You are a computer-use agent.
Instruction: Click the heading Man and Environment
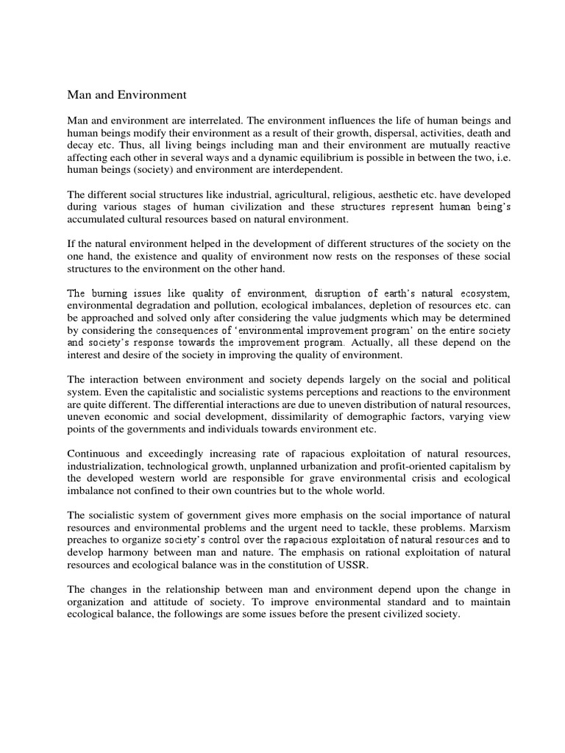pos(127,95)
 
